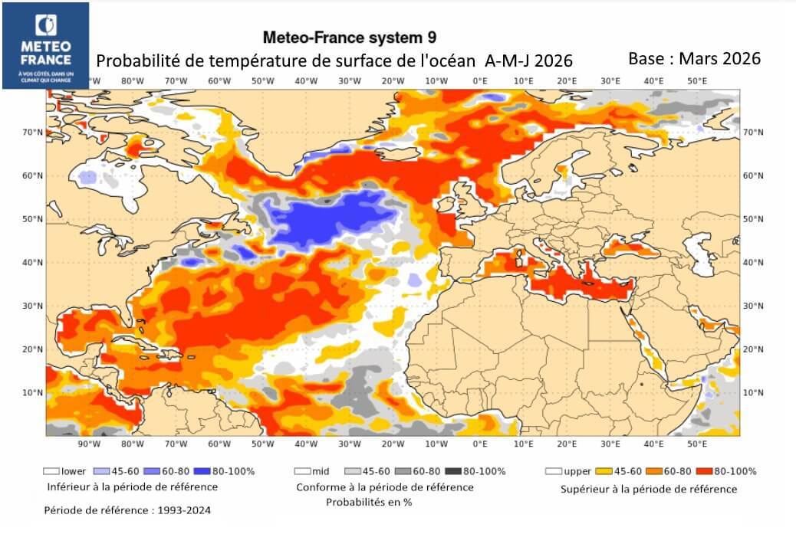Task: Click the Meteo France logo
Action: (45, 44)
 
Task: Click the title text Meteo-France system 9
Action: (350, 37)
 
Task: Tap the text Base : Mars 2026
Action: (694, 58)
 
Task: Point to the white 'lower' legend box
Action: (52, 471)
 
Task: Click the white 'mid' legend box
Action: (302, 471)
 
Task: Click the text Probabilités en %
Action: (369, 503)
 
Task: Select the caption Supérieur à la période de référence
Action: (649, 489)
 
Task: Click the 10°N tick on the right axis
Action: (754, 392)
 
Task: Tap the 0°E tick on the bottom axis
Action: (480, 444)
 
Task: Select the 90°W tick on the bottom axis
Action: (89, 444)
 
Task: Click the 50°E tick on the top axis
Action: (696, 80)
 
